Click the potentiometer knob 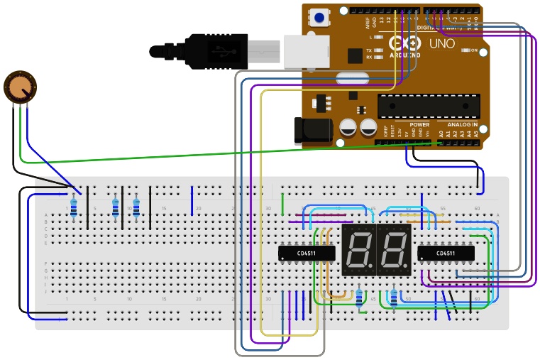[x=20, y=86]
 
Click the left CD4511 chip [x=306, y=253]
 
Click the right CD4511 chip [x=446, y=253]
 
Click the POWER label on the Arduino [x=419, y=124]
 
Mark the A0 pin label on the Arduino [x=441, y=133]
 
